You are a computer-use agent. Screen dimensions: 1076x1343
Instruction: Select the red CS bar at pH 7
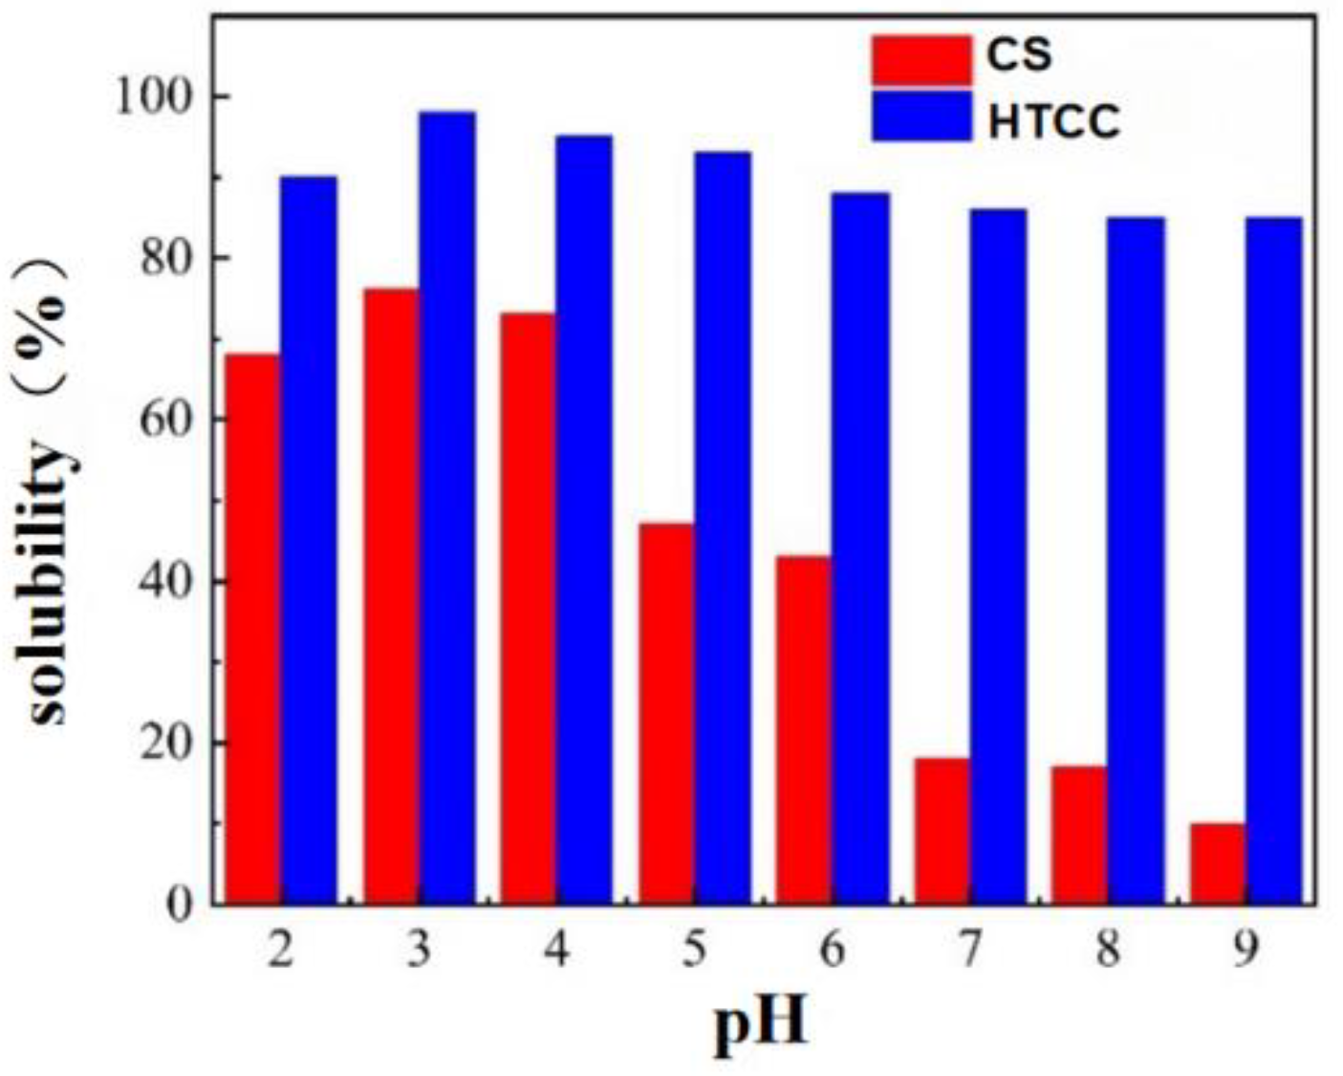click(942, 830)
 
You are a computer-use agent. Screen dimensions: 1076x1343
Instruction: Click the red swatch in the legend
click(921, 58)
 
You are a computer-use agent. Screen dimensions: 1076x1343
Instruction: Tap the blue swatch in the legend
click(921, 118)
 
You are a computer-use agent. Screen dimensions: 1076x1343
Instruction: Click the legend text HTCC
click(1053, 121)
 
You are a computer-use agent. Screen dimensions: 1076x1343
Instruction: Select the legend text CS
click(1019, 55)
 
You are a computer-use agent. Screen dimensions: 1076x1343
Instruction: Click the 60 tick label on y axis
click(166, 420)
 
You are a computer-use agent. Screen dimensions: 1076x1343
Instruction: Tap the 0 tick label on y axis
click(182, 905)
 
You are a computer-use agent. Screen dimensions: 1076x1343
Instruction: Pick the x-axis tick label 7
click(970, 951)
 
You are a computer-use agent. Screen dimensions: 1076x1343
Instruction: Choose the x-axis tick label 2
click(280, 951)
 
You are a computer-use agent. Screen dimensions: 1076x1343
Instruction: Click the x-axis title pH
click(761, 1025)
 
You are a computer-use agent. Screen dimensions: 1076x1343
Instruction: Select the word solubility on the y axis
click(50, 582)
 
